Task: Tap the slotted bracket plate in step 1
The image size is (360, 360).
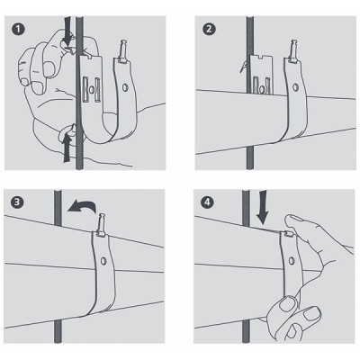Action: tap(90, 85)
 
